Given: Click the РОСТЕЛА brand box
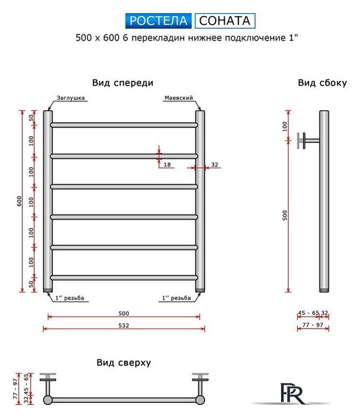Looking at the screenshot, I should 157,21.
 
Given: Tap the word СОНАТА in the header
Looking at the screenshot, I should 225,21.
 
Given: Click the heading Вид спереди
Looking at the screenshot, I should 123,83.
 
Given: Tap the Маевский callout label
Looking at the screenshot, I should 178,98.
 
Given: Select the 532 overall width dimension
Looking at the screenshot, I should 123,325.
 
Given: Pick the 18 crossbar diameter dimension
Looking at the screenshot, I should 167,165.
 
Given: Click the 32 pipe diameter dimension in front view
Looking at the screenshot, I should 214,165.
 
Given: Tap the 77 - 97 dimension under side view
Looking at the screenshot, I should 312,325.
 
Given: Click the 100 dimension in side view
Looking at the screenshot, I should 285,126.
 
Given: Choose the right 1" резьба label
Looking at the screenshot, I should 177,298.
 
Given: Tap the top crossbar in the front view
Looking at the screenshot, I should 123,124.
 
